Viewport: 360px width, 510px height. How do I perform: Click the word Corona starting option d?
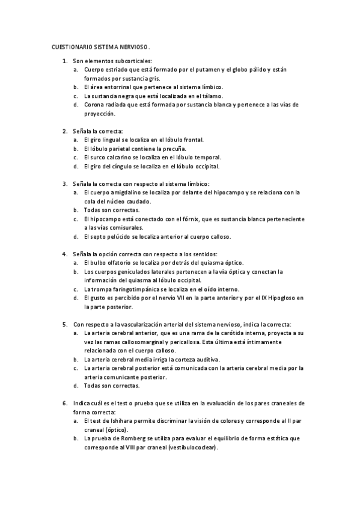pyautogui.click(x=94, y=105)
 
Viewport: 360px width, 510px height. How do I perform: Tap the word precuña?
pyautogui.click(x=174, y=148)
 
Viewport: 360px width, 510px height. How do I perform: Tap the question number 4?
pyautogui.click(x=64, y=254)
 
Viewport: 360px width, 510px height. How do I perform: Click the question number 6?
pyautogui.click(x=64, y=403)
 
